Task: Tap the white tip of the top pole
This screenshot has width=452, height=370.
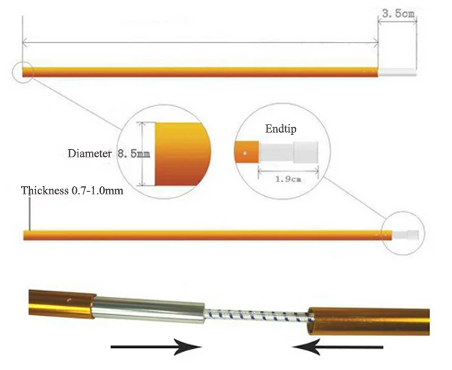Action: (x=396, y=73)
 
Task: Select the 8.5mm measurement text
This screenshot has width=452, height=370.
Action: (x=134, y=153)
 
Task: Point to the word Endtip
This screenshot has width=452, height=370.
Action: (x=280, y=129)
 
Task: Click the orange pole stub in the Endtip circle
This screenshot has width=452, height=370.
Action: (x=246, y=154)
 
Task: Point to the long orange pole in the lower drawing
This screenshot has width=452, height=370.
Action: (x=203, y=235)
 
